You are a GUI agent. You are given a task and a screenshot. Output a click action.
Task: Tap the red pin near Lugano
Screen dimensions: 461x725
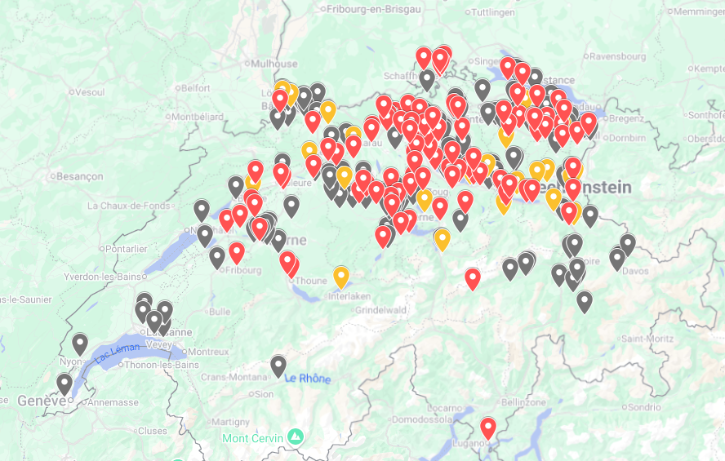[488, 428]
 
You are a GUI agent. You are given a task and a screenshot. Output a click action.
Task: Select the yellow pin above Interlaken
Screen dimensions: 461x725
[341, 277]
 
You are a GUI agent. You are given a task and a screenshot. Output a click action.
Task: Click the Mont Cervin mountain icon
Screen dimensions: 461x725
[296, 438]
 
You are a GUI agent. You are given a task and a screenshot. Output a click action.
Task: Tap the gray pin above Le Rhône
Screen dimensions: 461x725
[278, 366]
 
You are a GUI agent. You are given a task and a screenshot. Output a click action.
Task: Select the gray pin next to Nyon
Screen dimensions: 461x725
[80, 344]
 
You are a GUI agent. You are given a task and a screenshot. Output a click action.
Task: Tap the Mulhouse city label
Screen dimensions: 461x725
[274, 64]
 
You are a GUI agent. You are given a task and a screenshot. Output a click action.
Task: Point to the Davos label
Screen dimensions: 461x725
[635, 270]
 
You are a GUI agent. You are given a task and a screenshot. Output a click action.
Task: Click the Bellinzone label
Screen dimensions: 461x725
[523, 402]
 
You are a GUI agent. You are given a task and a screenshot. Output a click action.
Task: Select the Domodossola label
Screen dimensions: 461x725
[423, 419]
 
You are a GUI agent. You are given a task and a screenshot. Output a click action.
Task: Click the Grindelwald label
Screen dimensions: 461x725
[380, 310]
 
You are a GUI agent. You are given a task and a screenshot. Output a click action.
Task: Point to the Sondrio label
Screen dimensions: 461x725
[644, 406]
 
